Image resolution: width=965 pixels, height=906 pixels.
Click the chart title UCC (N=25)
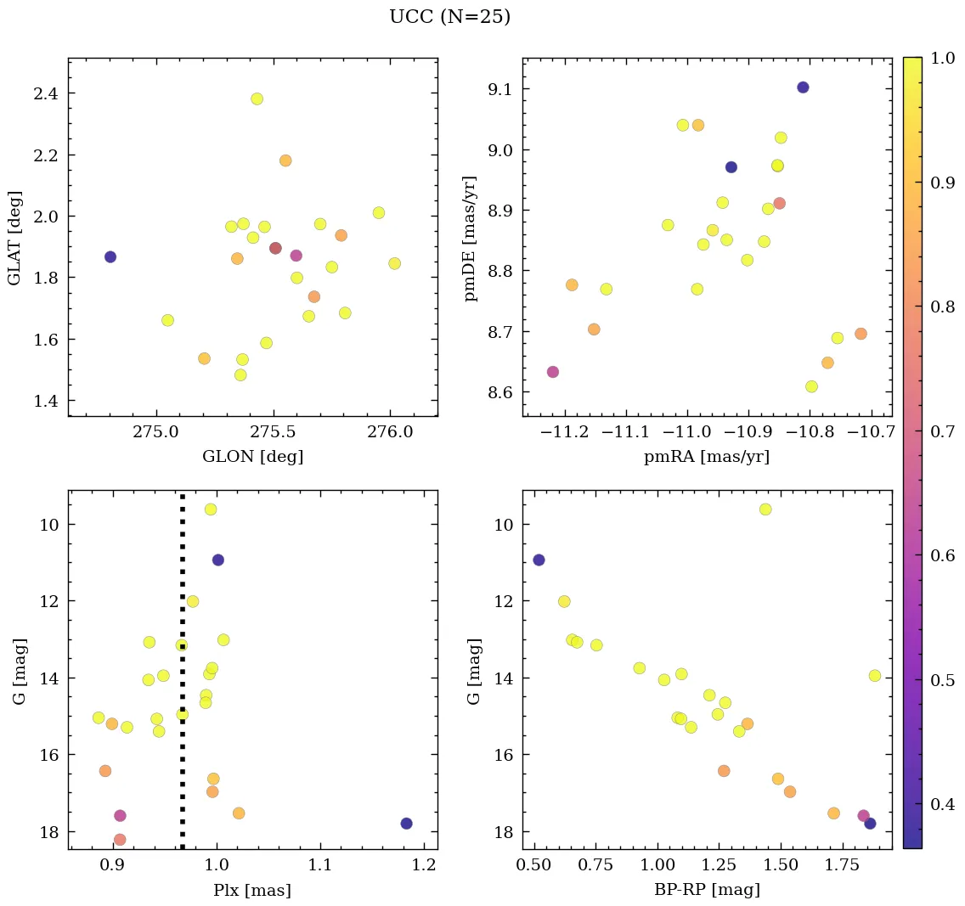click(x=449, y=17)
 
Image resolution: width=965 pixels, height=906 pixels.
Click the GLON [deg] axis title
click(x=252, y=457)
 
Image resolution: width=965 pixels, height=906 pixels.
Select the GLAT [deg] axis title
click(x=14, y=237)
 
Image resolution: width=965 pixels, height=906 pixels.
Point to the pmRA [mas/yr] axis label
click(x=707, y=457)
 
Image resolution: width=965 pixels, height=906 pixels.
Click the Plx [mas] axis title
click(x=252, y=891)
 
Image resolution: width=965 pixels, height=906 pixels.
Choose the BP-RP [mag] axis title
click(x=707, y=891)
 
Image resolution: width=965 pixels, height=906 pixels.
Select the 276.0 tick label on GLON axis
click(x=390, y=432)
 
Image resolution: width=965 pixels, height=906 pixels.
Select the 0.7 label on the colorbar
click(x=940, y=431)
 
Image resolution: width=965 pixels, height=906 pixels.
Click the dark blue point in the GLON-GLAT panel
click(x=110, y=256)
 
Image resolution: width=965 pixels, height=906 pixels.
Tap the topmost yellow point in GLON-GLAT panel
click(x=257, y=98)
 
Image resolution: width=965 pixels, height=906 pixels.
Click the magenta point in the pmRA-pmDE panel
click(x=553, y=372)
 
